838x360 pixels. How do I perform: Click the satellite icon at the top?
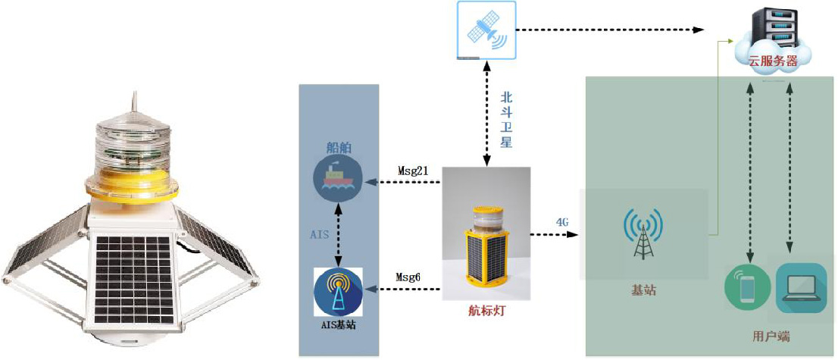click(486, 30)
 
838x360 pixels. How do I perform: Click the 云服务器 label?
click(773, 61)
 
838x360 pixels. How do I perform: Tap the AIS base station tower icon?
click(337, 292)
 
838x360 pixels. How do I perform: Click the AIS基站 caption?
click(338, 324)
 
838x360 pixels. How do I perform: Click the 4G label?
click(561, 221)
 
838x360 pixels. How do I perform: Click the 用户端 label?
click(771, 337)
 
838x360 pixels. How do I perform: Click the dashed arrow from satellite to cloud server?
click(610, 30)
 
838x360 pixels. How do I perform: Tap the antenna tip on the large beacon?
click(133, 94)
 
